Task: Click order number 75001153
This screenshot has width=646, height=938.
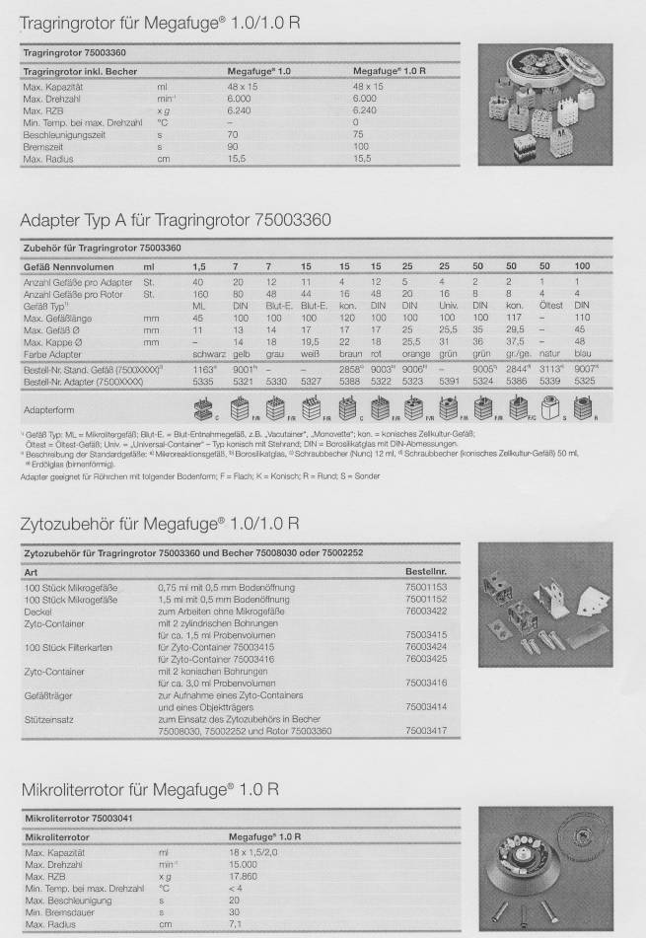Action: pyautogui.click(x=426, y=586)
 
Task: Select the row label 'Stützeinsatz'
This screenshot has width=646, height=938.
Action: pyautogui.click(x=47, y=721)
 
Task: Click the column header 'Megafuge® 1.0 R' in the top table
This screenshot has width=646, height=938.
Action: pyautogui.click(x=390, y=72)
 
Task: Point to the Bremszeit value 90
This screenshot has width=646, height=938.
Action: pyautogui.click(x=233, y=145)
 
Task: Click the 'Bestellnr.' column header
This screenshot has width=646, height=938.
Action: pyautogui.click(x=425, y=571)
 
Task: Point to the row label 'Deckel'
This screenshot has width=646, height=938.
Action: pyautogui.click(x=37, y=612)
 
